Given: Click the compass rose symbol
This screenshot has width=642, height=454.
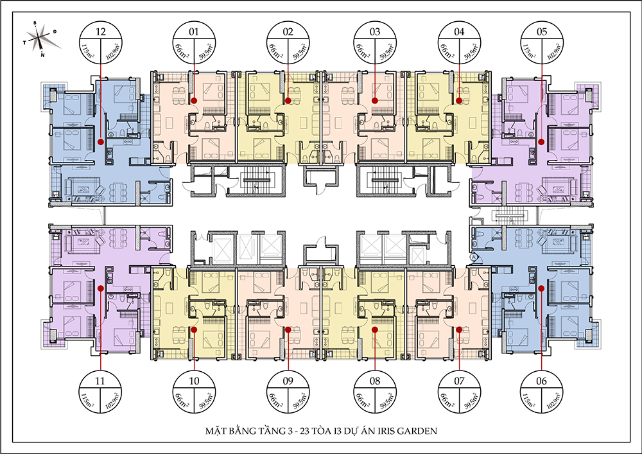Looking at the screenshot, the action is (x=39, y=38).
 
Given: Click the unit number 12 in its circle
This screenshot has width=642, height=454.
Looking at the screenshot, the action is (x=101, y=31).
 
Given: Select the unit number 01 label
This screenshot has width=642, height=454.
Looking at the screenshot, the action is (x=194, y=31).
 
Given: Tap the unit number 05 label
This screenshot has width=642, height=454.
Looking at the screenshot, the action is (x=542, y=31).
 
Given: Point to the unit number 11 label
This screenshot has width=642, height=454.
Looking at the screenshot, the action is (x=100, y=381).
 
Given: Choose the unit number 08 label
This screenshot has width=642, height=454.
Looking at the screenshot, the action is (x=375, y=381).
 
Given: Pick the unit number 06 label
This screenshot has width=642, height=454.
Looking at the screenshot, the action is (x=541, y=381).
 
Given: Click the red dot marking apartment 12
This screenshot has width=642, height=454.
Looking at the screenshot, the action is (x=101, y=142).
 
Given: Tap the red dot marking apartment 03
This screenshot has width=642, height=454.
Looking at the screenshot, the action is (x=374, y=100).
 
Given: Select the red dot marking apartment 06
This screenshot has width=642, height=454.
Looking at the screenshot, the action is (x=541, y=288).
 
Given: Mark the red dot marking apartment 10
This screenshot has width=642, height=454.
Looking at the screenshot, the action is (x=194, y=329).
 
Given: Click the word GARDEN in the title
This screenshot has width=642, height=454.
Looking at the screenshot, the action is (x=418, y=431).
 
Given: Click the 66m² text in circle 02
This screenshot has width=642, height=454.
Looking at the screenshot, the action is (x=275, y=52).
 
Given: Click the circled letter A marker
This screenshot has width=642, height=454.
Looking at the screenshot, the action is (x=474, y=257).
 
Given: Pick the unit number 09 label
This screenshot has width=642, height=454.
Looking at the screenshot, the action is (x=288, y=381).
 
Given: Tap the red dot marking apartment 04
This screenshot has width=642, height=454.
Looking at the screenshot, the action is (x=459, y=100).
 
